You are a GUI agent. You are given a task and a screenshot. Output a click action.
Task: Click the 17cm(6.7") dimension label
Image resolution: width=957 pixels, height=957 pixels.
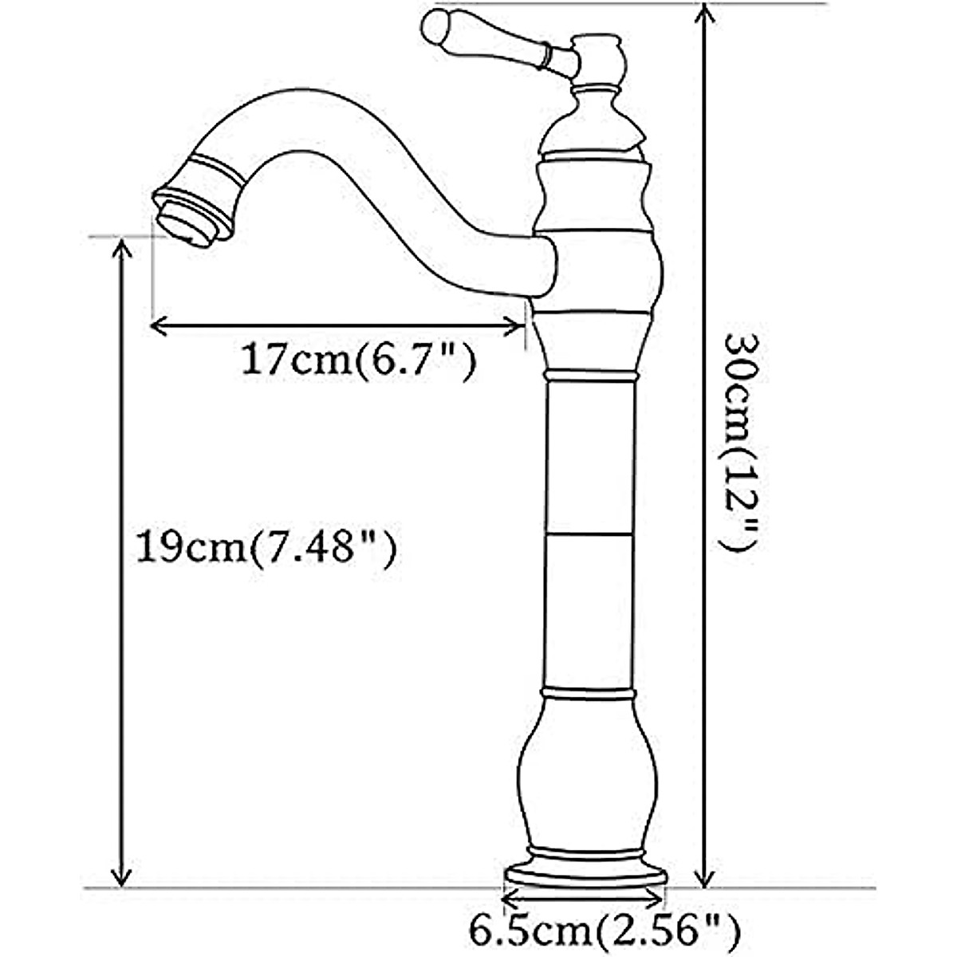click(358, 360)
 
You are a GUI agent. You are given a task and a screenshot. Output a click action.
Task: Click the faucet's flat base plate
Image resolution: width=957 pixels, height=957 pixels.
click(585, 875)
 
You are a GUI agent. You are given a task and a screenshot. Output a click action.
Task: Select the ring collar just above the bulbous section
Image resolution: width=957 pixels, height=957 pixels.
click(590, 692)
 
